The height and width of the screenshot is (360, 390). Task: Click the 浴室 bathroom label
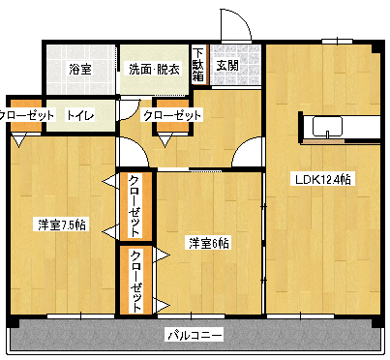pyautogui.click(x=79, y=69)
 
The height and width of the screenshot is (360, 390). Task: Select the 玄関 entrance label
pyautogui.click(x=227, y=66)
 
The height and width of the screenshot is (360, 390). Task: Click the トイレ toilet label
pyautogui.click(x=79, y=116)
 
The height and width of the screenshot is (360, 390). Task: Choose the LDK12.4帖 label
pyautogui.click(x=323, y=179)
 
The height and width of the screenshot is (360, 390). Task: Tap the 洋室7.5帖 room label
pyautogui.click(x=62, y=225)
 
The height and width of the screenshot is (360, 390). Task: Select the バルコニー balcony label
pyautogui.click(x=195, y=335)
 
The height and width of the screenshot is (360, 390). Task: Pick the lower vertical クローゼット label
pyautogui.click(x=135, y=281)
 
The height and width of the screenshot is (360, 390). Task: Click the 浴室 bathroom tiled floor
pyautogui.click(x=79, y=82)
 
